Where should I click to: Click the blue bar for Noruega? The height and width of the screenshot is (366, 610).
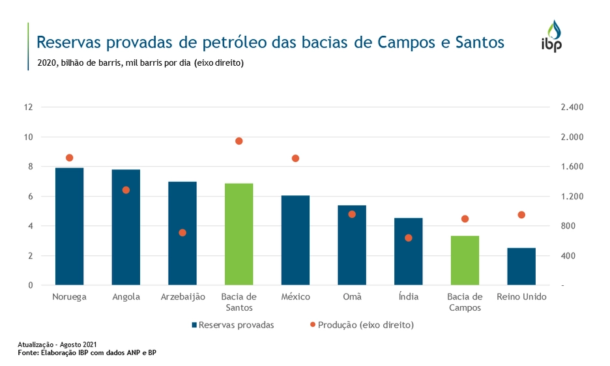click(69, 227)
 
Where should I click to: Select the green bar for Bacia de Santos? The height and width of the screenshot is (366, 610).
click(239, 234)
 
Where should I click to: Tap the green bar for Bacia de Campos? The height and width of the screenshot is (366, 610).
click(465, 260)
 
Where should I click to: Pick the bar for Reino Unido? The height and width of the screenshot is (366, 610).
click(521, 266)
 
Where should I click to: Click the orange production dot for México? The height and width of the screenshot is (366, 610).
click(295, 158)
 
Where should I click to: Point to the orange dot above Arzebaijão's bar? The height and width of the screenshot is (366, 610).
click(182, 232)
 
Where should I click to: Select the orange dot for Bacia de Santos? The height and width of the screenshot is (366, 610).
click(239, 141)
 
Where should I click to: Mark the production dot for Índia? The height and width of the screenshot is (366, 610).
click(409, 238)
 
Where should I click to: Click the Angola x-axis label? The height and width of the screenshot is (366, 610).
click(126, 297)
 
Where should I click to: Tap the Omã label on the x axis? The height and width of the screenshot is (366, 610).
click(352, 297)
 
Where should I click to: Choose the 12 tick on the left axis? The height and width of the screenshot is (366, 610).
click(28, 107)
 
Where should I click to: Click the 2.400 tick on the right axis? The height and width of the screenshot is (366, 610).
click(572, 107)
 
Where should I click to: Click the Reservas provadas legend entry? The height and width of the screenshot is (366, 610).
click(233, 324)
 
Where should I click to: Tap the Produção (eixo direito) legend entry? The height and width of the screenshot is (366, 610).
click(361, 324)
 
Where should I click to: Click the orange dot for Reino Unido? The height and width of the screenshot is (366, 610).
click(521, 215)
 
